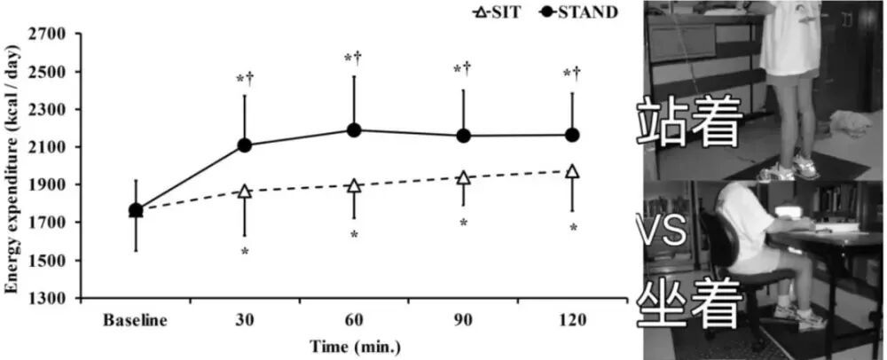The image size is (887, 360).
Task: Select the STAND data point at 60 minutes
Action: pyautogui.click(x=354, y=130)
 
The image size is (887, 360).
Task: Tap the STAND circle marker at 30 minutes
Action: pyautogui.click(x=245, y=145)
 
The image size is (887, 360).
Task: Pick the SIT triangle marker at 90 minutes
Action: pyautogui.click(x=463, y=177)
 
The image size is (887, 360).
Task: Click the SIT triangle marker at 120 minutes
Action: pyautogui.click(x=572, y=171)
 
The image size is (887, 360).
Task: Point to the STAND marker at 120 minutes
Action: pyautogui.click(x=572, y=135)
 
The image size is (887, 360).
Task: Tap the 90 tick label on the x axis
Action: pyautogui.click(x=463, y=319)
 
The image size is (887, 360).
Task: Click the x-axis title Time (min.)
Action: pyautogui.click(x=354, y=343)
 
